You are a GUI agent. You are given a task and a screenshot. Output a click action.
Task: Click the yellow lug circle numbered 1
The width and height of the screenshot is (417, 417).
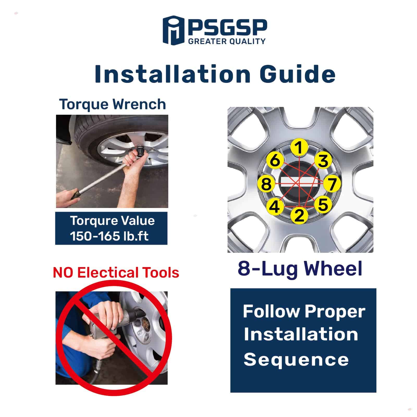click(x=299, y=148)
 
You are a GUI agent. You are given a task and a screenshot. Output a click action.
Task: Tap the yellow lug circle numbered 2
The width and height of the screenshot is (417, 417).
click(x=299, y=215)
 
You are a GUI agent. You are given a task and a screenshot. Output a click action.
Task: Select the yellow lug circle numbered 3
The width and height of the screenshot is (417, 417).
click(x=323, y=161)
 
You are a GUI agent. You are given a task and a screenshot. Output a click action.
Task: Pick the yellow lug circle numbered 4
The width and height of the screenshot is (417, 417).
click(x=274, y=206)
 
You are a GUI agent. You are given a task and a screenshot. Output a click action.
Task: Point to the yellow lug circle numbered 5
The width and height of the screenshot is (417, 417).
click(x=323, y=204)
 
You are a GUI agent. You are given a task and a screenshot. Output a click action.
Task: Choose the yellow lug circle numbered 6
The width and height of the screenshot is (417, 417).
click(x=275, y=160)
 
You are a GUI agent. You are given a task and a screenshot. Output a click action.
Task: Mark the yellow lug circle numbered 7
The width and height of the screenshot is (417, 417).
click(x=332, y=183)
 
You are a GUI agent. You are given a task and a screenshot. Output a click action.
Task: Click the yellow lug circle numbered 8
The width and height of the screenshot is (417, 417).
click(x=266, y=184)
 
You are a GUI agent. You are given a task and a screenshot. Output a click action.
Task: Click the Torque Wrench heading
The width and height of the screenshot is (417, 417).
click(x=113, y=105)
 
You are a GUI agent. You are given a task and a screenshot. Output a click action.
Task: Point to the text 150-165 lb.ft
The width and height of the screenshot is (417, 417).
click(x=109, y=236)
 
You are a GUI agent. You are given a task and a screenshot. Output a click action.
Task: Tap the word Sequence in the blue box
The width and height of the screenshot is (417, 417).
click(x=296, y=359)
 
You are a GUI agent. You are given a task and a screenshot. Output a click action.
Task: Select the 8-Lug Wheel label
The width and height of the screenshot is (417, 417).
click(x=300, y=269)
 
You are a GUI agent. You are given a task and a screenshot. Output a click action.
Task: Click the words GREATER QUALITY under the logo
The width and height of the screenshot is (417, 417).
click(x=226, y=41)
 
